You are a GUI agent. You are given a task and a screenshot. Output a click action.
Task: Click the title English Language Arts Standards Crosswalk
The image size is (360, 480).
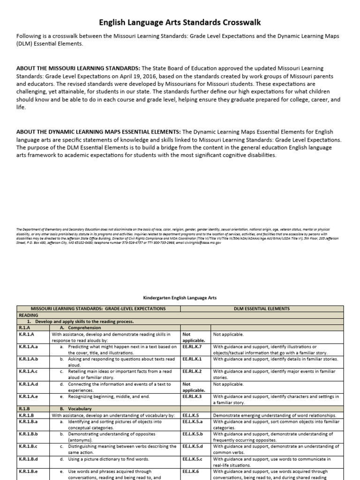coord(180,22)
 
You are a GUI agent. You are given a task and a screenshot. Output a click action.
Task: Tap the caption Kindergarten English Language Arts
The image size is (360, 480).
coord(180,297)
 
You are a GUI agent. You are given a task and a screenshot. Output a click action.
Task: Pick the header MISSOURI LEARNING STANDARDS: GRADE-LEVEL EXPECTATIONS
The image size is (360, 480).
coord(98,309)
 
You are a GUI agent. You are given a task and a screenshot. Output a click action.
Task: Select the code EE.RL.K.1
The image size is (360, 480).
coord(192,359)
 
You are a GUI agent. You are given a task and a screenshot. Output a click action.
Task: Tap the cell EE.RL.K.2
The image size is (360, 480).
coord(192,371)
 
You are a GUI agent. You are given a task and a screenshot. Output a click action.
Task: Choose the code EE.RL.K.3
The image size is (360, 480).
coord(192,396)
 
